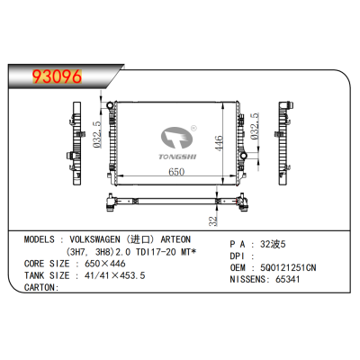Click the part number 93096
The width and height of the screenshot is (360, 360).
point(53,76)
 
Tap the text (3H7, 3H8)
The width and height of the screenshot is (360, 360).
point(84,253)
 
